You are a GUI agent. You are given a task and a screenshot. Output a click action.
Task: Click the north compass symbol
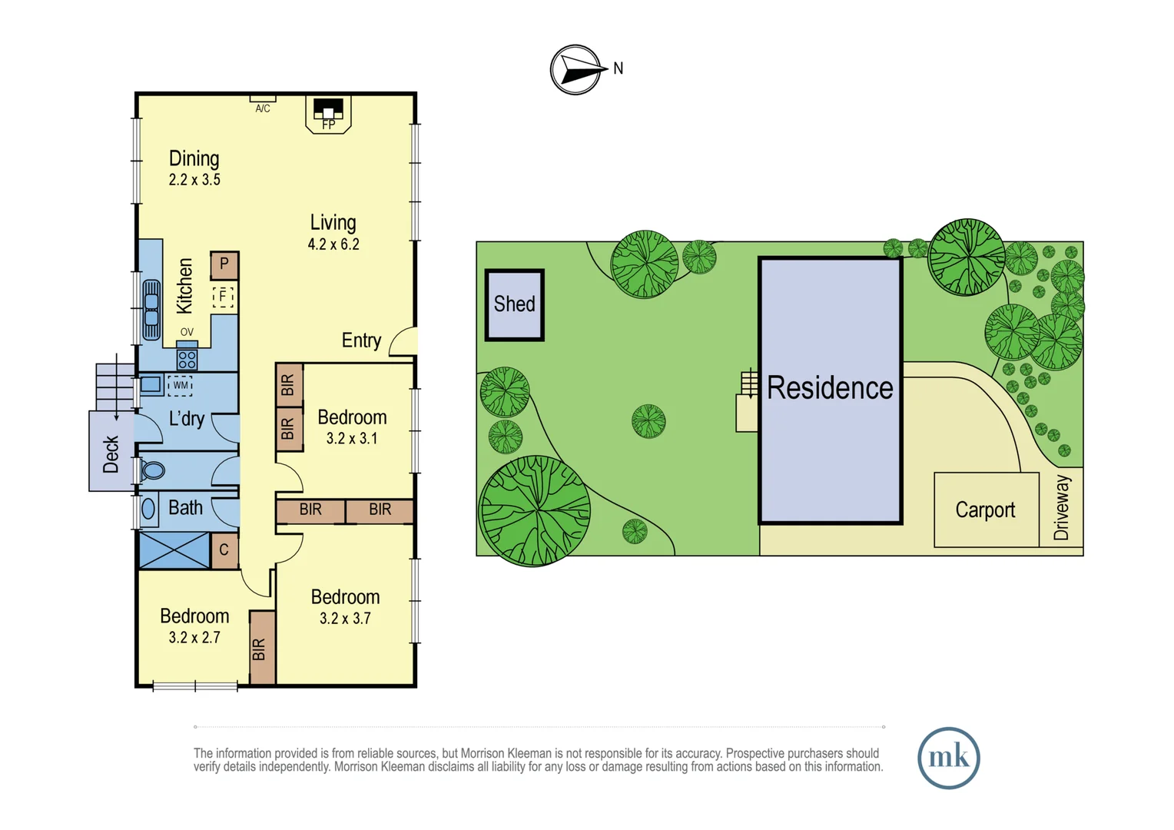point(575,70)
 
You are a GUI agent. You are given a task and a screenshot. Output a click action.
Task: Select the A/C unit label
point(263,108)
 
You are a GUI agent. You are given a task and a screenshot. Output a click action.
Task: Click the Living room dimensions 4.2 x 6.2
point(333,244)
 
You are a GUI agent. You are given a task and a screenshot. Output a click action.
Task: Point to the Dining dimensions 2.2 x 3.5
point(194,180)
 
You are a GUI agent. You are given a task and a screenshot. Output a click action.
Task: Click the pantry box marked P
point(224,264)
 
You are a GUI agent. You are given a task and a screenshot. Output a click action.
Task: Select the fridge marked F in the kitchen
point(224,296)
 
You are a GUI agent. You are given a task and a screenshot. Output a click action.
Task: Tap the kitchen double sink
point(151,310)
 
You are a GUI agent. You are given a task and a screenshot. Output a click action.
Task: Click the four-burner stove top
point(187,359)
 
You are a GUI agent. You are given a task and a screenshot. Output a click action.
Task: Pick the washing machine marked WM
point(180,385)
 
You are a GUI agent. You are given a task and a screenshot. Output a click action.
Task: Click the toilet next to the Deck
point(152,470)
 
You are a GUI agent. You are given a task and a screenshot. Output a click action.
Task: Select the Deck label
point(111,454)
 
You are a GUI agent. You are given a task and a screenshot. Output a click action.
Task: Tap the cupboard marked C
point(224,550)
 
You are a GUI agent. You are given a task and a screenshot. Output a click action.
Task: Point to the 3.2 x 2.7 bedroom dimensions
point(194,638)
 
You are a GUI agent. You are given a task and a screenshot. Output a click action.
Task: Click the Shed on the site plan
point(515,304)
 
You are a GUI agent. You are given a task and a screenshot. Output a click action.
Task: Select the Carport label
point(985,510)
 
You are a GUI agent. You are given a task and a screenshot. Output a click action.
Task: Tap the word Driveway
point(1061,507)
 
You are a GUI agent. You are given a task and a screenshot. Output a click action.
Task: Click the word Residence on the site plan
point(830,388)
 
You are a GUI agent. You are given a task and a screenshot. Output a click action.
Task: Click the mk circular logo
point(948,758)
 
